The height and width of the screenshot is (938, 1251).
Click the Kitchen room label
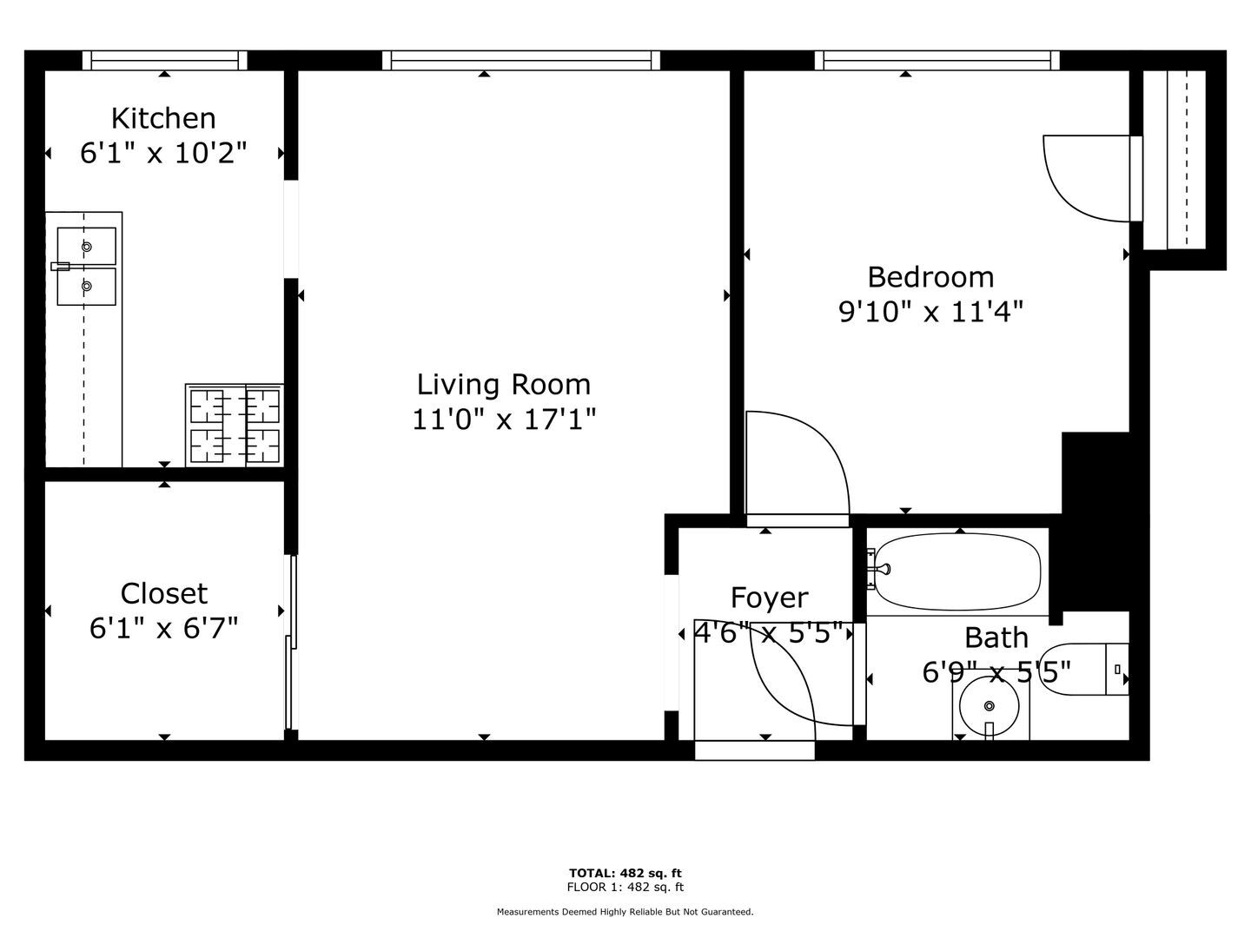(163, 118)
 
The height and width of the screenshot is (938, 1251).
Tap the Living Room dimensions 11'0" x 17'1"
(504, 419)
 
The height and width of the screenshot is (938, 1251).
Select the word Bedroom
(930, 277)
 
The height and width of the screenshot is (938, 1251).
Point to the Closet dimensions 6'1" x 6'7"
(163, 628)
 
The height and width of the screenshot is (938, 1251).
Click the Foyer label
(770, 598)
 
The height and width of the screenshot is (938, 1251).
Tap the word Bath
(996, 637)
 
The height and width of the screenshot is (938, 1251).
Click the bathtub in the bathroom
(957, 571)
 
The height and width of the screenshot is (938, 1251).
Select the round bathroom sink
(989, 705)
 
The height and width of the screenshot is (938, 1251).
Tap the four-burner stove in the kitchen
(235, 426)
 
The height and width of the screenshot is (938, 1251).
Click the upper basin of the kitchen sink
(87, 246)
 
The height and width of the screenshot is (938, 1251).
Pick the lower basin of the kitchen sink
(87, 287)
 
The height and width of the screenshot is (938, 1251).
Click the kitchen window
(165, 61)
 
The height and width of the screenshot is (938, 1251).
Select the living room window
(521, 61)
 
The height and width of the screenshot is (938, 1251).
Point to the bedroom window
(937, 61)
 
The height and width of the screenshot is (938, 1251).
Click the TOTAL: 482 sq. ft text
(625, 873)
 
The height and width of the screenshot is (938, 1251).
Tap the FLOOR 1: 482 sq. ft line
(625, 887)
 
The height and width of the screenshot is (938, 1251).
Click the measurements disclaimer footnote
(625, 912)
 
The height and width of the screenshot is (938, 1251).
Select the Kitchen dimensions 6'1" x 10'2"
(163, 153)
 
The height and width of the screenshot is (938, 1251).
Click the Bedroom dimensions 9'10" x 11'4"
(930, 312)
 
